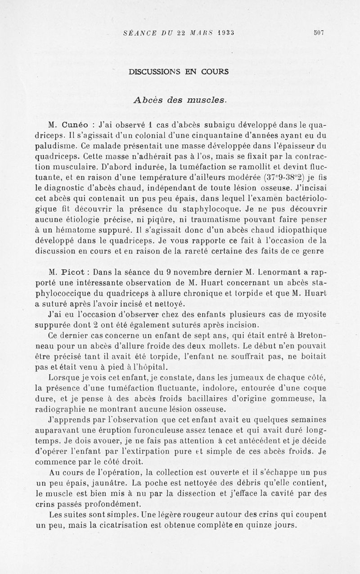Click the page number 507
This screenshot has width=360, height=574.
(319, 33)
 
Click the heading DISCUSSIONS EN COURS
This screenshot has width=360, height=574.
(178, 72)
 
